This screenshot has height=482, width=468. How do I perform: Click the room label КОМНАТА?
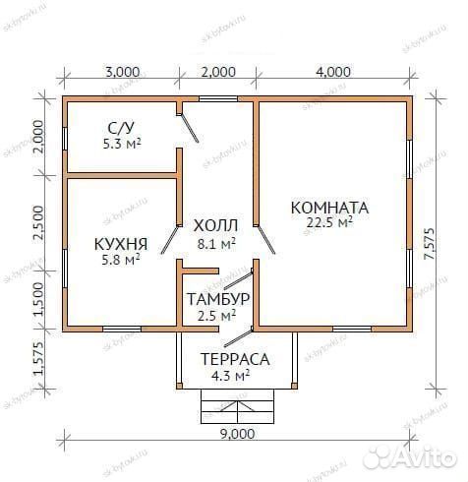click(x=329, y=208)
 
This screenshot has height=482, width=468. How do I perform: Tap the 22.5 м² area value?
click(x=330, y=223)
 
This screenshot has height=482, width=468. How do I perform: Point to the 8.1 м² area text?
click(x=215, y=242)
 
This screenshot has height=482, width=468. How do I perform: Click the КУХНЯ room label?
click(x=121, y=243)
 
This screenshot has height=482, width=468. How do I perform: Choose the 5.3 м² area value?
click(x=122, y=144)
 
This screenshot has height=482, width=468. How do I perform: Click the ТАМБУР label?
click(x=216, y=299)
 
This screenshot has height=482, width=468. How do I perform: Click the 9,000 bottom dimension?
click(x=237, y=434)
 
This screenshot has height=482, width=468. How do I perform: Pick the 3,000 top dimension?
click(x=122, y=71)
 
